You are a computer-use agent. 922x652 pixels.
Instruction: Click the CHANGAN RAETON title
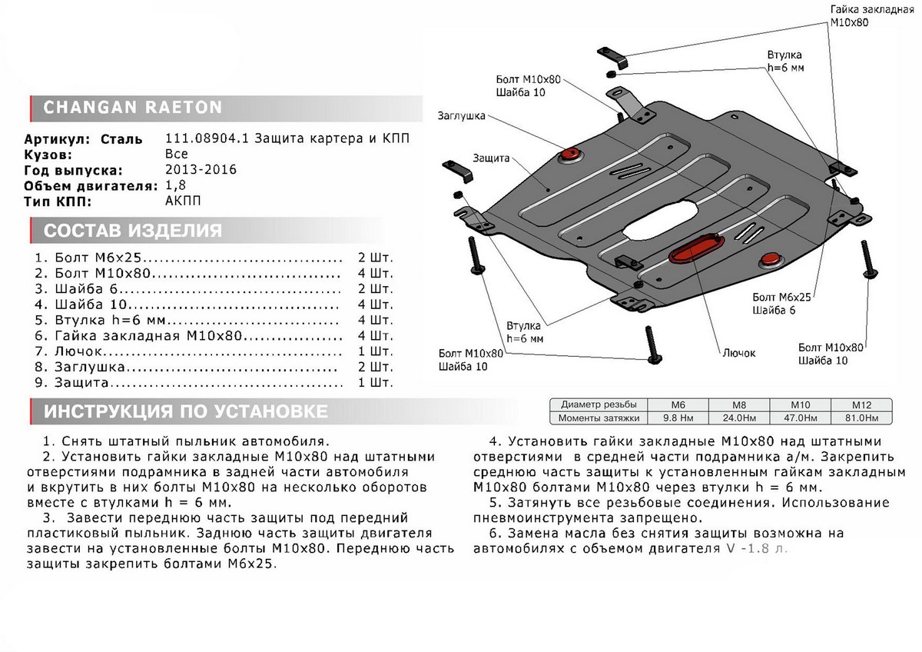point(132,108)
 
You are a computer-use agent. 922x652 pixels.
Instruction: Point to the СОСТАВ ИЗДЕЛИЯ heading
point(133,231)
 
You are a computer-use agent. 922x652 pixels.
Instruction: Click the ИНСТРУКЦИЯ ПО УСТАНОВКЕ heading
point(185,411)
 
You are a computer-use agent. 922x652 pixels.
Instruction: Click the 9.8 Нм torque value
point(677,418)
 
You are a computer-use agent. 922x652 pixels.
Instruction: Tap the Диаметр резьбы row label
point(599,404)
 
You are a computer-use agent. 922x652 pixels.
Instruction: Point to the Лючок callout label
point(738,353)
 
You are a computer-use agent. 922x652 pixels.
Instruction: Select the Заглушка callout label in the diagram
point(461,116)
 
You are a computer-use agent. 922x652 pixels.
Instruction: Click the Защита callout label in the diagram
point(493,158)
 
